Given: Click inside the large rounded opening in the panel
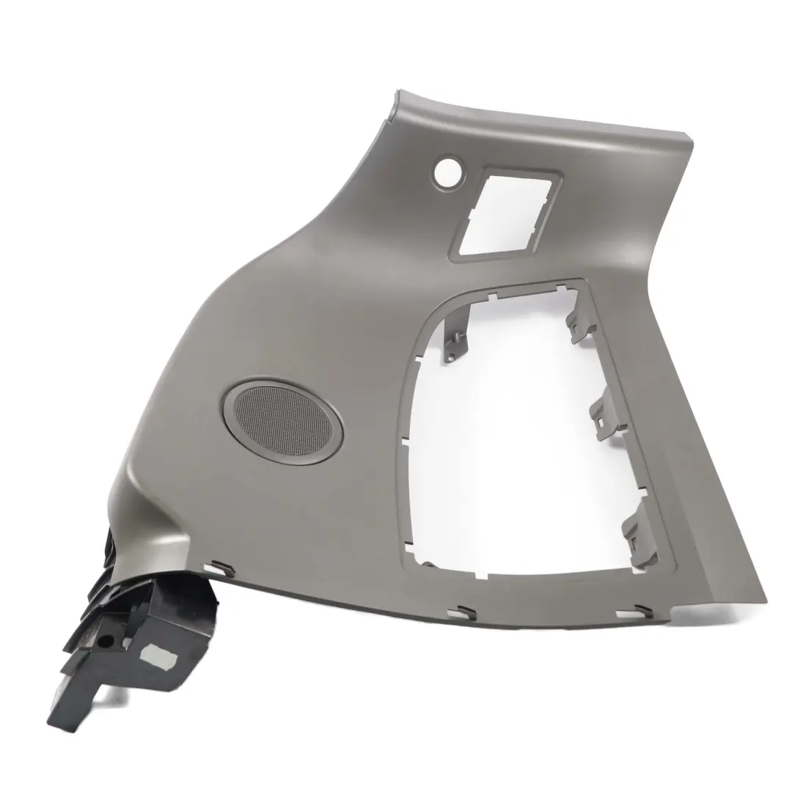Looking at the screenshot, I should coord(513,440).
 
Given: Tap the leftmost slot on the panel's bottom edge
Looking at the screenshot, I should coord(218,567).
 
